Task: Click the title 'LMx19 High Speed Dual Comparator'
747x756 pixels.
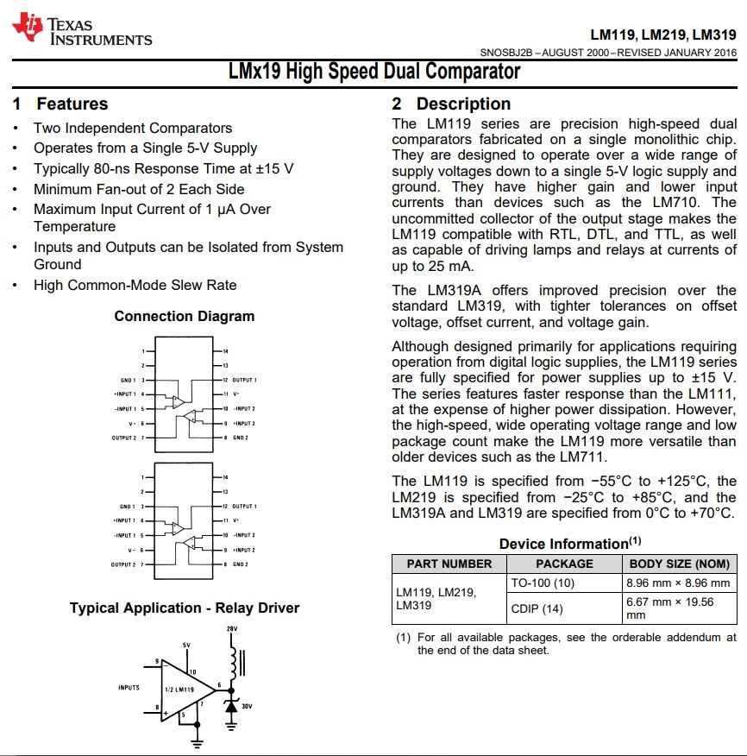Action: pos(373,71)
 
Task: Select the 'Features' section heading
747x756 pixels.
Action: pos(60,104)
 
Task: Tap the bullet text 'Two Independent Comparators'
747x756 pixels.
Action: pos(133,128)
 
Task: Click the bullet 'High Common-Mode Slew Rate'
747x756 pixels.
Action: pos(135,285)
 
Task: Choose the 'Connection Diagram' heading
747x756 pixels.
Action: pos(185,316)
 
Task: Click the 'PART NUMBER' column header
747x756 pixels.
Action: pos(449,564)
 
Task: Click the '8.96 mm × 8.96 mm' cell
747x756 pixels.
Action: pos(678,583)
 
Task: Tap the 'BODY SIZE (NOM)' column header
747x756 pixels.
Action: pos(679,564)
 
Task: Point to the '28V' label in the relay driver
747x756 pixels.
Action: pos(231,629)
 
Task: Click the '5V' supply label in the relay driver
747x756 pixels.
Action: pos(186,645)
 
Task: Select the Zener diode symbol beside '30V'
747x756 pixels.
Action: pos(231,705)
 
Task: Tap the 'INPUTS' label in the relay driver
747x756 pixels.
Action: pos(129,688)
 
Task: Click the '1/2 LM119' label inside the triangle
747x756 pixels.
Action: pos(184,690)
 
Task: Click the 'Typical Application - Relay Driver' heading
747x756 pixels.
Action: pos(185,608)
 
